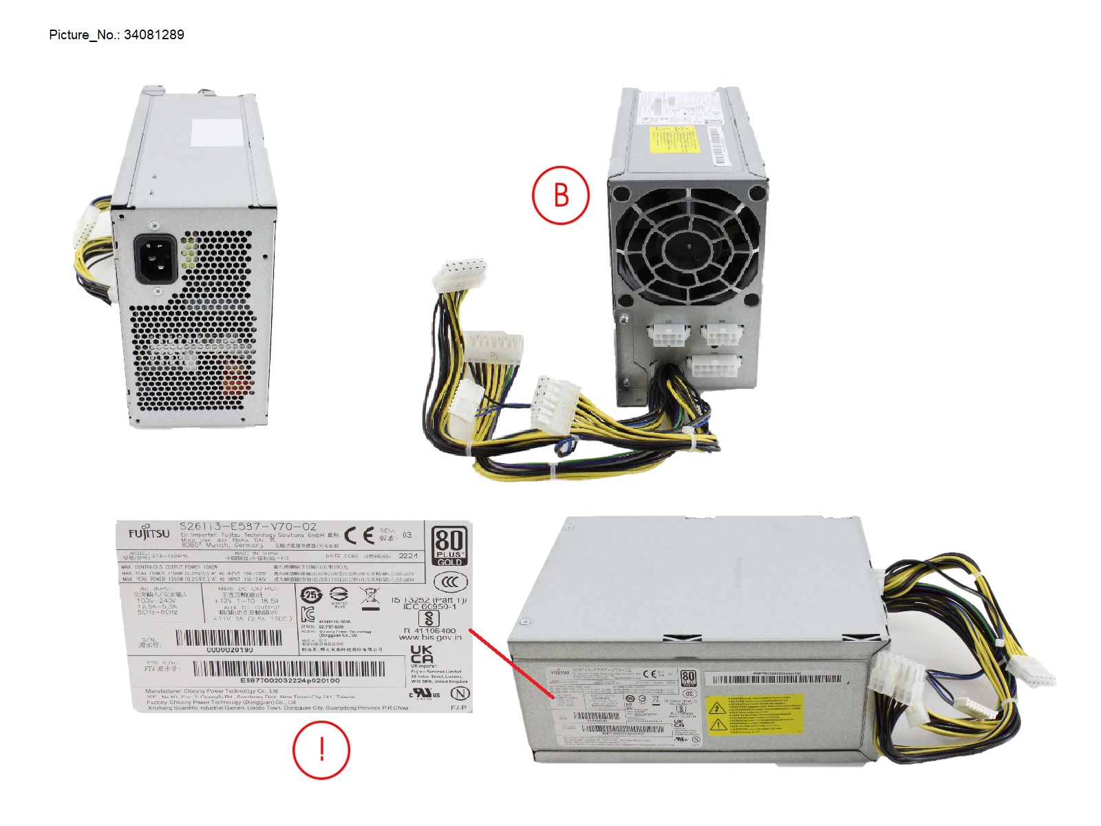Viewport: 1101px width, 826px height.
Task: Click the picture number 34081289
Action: click(x=153, y=35)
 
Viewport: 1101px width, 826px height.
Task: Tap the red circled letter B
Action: click(x=561, y=195)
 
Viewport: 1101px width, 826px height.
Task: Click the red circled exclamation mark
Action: click(x=321, y=750)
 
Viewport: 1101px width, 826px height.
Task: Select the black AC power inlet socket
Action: click(x=155, y=258)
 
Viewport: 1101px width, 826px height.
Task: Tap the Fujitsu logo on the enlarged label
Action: click(x=149, y=533)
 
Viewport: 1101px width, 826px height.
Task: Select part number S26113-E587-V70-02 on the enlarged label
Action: click(x=248, y=527)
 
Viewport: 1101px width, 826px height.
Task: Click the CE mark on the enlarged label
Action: click(x=359, y=536)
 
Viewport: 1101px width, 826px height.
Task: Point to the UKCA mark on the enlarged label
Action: click(x=421, y=654)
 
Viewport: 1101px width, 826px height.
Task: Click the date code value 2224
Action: click(x=407, y=555)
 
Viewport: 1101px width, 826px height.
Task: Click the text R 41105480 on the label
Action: click(x=429, y=631)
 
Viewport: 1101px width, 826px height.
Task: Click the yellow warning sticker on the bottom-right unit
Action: click(x=755, y=714)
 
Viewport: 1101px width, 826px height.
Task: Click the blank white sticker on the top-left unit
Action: click(x=216, y=132)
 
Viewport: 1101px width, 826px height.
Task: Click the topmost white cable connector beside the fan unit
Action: click(x=459, y=274)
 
